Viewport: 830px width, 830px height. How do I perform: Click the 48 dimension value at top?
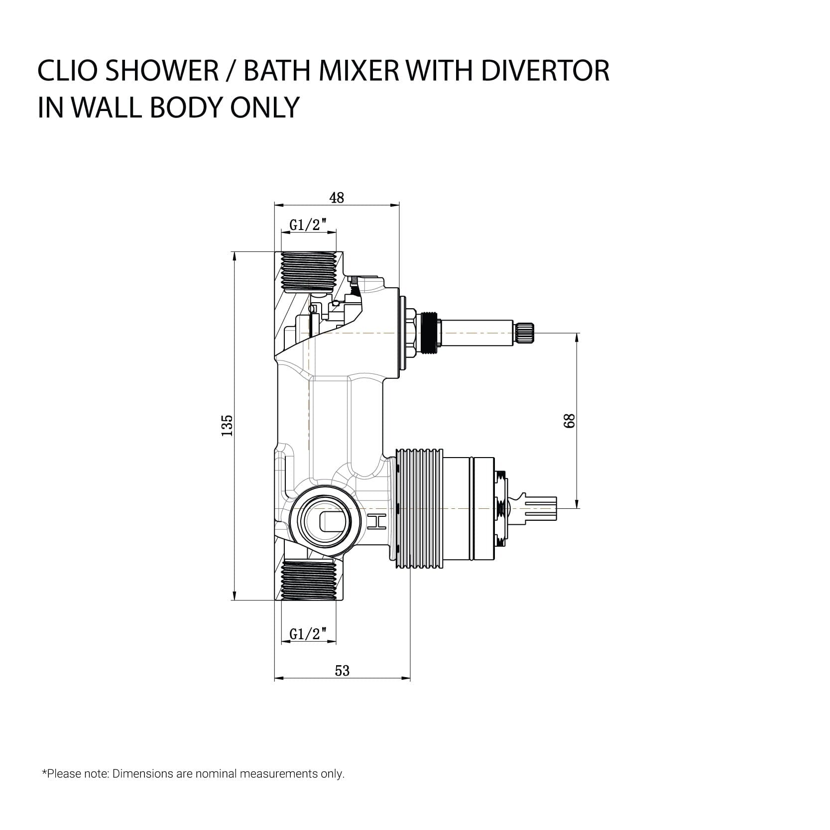(x=337, y=198)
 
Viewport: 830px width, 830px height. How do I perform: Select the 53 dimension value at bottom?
(x=342, y=671)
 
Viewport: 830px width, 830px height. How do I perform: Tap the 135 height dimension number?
(x=227, y=425)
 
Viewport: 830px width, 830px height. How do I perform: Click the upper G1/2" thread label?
(x=308, y=225)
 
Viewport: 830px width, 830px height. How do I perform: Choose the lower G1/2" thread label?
(x=308, y=634)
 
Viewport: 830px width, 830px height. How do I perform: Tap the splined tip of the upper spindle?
(x=524, y=334)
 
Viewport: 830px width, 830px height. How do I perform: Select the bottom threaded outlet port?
(x=308, y=580)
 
